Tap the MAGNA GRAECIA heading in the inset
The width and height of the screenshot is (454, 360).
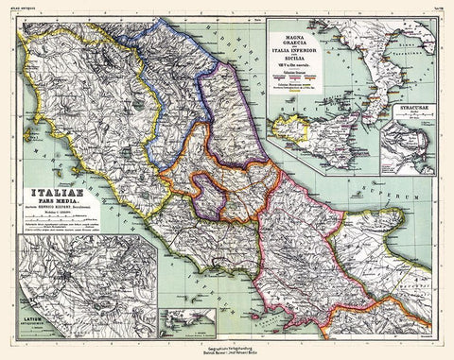(x=315, y=38)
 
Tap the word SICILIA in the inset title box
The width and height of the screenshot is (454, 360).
(x=315, y=64)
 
